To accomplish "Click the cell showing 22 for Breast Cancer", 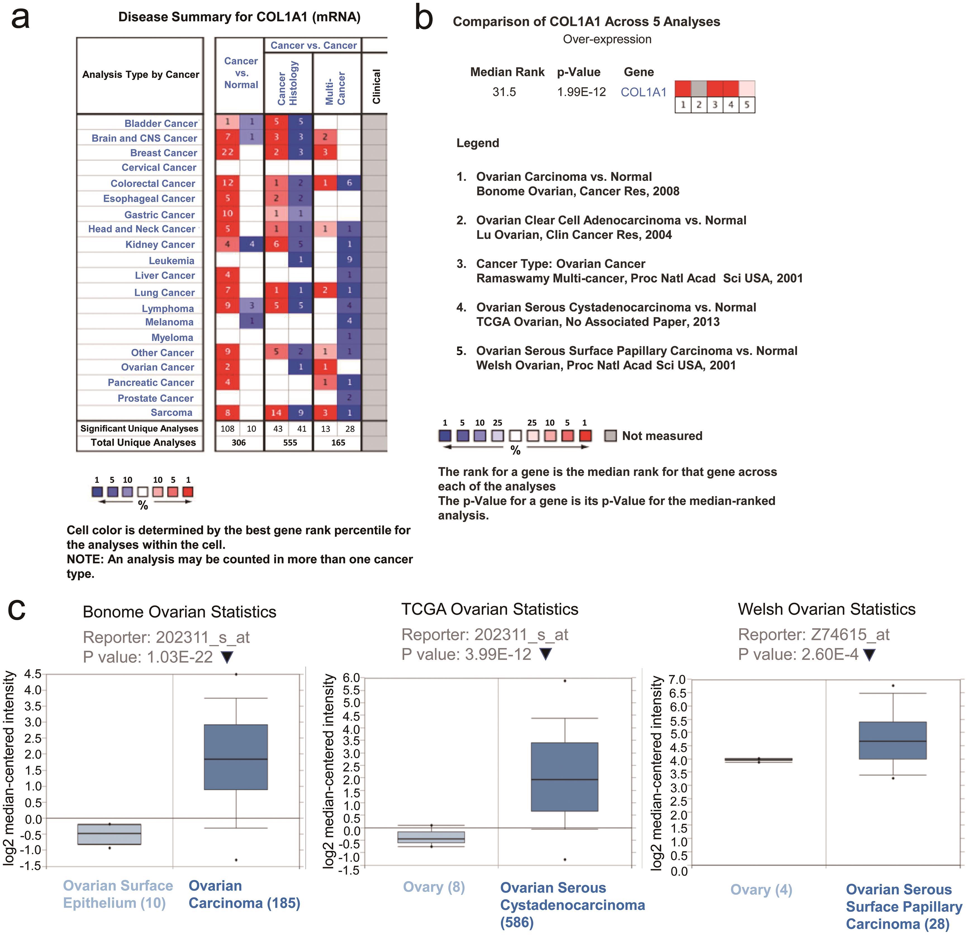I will [x=227, y=152].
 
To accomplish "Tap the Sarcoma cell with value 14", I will [x=276, y=412].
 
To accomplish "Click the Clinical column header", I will [x=376, y=86].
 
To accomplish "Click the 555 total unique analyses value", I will [x=290, y=443].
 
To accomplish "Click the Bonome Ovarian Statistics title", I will [x=179, y=612].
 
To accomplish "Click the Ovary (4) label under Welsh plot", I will [x=761, y=889].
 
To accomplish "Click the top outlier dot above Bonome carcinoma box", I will [x=236, y=674].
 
